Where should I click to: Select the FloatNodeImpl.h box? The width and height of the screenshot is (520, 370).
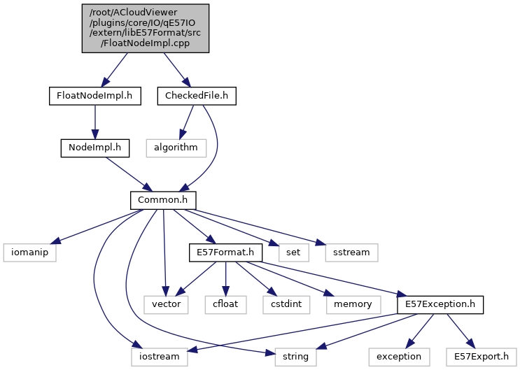tap(95, 95)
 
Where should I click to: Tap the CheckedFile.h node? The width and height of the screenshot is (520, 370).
tap(197, 95)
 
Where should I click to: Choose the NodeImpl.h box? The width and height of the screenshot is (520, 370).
tap(95, 148)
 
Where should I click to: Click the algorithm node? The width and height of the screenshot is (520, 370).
tap(176, 148)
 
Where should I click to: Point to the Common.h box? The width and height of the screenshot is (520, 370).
tap(163, 200)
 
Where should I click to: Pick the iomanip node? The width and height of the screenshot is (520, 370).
tap(29, 252)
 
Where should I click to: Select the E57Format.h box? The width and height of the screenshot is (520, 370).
tap(225, 252)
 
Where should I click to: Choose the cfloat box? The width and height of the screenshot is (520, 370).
tap(226, 304)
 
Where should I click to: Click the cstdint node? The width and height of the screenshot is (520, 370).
tap(282, 304)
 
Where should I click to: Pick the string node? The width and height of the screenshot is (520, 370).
tap(295, 357)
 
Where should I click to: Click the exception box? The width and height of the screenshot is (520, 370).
tap(398, 357)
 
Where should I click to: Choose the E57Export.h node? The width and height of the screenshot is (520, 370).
tap(480, 357)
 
